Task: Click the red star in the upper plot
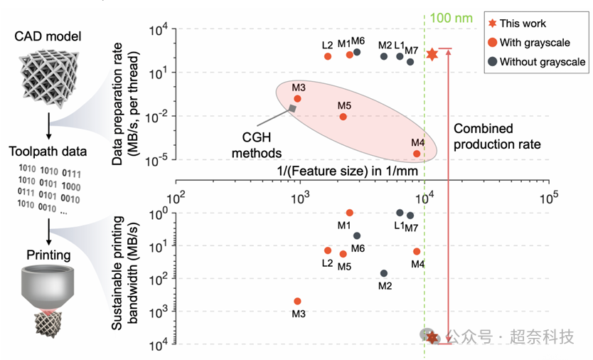click(x=432, y=53)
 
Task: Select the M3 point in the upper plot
click(x=297, y=98)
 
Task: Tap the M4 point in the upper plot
click(x=417, y=153)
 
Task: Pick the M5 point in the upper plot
click(x=343, y=117)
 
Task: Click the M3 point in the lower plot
click(x=297, y=302)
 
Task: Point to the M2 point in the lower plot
click(x=384, y=273)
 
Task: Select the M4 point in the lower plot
click(x=417, y=251)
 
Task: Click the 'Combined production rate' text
click(x=497, y=137)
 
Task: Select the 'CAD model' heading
click(x=49, y=36)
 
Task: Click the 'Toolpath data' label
click(x=48, y=151)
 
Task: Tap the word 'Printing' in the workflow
click(x=48, y=255)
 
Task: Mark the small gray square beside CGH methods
click(x=292, y=108)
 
